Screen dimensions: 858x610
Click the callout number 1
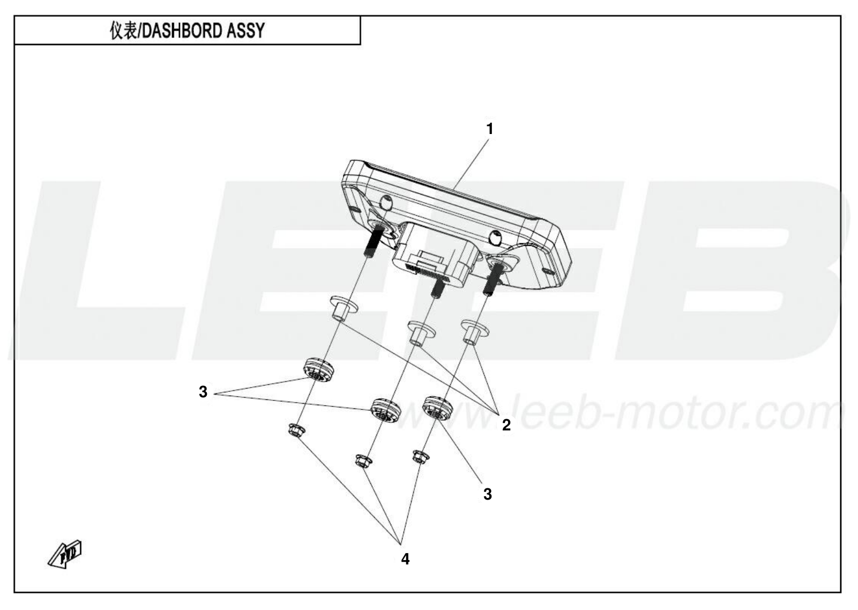(x=489, y=129)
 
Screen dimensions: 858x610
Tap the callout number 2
(x=506, y=425)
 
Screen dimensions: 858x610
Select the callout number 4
(x=405, y=559)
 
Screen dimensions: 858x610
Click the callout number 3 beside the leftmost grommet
(x=203, y=392)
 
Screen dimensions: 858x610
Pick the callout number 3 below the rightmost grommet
(x=487, y=494)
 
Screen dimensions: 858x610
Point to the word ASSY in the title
(x=245, y=30)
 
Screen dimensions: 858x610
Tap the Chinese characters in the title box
(x=123, y=30)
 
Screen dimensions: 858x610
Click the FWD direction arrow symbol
(x=65, y=554)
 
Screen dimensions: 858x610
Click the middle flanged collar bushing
(x=421, y=333)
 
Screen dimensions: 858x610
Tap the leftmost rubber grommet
(x=318, y=370)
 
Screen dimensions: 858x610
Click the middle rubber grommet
(x=385, y=411)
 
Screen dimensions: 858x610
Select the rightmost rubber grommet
(x=437, y=408)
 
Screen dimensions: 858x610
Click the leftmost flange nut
(x=296, y=430)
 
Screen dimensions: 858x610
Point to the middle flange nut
(x=363, y=460)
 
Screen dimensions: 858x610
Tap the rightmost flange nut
(x=421, y=457)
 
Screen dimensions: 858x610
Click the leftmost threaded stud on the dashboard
(x=374, y=241)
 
